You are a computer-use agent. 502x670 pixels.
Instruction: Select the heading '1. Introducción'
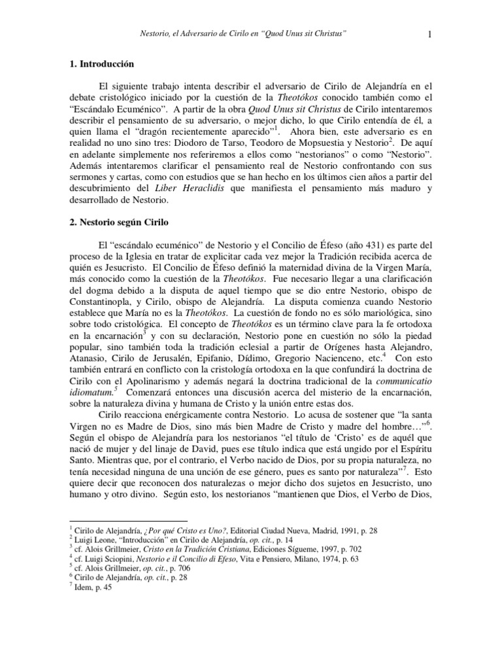[x=101, y=64]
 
